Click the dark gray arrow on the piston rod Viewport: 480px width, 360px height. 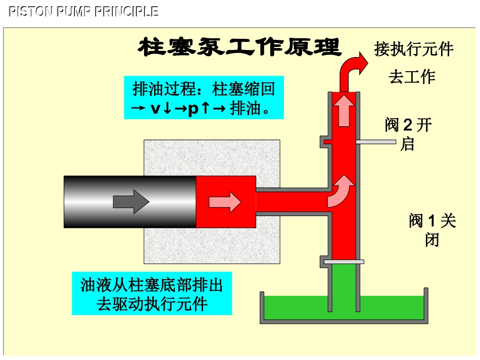pyautogui.click(x=131, y=202)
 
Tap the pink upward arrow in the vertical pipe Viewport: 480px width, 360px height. pyautogui.click(x=346, y=110)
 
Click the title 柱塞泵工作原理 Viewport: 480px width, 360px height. pyautogui.click(x=239, y=48)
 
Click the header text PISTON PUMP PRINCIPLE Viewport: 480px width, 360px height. pyautogui.click(x=84, y=12)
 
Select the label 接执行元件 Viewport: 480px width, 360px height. pyautogui.click(x=414, y=49)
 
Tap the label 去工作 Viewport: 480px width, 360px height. pyautogui.click(x=412, y=77)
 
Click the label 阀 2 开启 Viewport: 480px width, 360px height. pyautogui.click(x=408, y=134)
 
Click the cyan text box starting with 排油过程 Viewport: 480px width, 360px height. pyautogui.click(x=204, y=98)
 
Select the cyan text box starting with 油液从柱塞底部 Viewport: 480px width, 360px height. pyautogui.click(x=152, y=293)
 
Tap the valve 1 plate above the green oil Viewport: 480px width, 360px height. pyautogui.click(x=344, y=262)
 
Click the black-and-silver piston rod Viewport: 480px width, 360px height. pyautogui.click(x=129, y=202)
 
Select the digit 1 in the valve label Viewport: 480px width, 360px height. pyautogui.click(x=431, y=221)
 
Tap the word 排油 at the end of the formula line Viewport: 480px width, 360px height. pyautogui.click(x=245, y=109)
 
